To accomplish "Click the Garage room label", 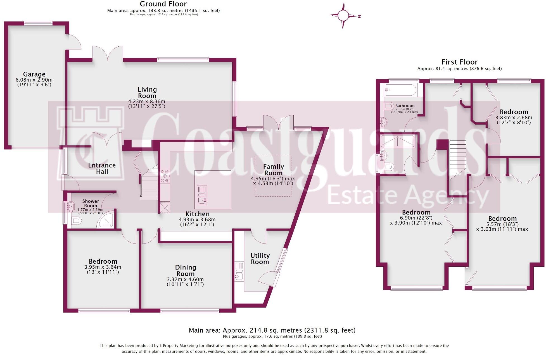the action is pyautogui.click(x=34, y=74).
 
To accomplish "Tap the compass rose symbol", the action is pyautogui.click(x=343, y=16).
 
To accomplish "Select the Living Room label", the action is pyautogui.click(x=147, y=93).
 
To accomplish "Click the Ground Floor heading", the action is pyautogui.click(x=163, y=4).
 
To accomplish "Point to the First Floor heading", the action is pyautogui.click(x=459, y=62).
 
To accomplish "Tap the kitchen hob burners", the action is pyautogui.click(x=165, y=176).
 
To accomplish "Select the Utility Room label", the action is pyautogui.click(x=260, y=259).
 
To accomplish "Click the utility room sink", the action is pyautogui.click(x=239, y=271).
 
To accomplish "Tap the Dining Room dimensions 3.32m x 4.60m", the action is pyautogui.click(x=185, y=279).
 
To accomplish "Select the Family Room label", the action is pyautogui.click(x=274, y=170).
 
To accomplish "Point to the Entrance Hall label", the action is pyautogui.click(x=102, y=168).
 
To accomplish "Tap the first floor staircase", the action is pyautogui.click(x=457, y=160).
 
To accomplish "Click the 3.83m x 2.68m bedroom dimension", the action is pyautogui.click(x=514, y=118).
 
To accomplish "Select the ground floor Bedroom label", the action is pyautogui.click(x=103, y=261).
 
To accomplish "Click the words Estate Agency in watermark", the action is pyautogui.click(x=408, y=196).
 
